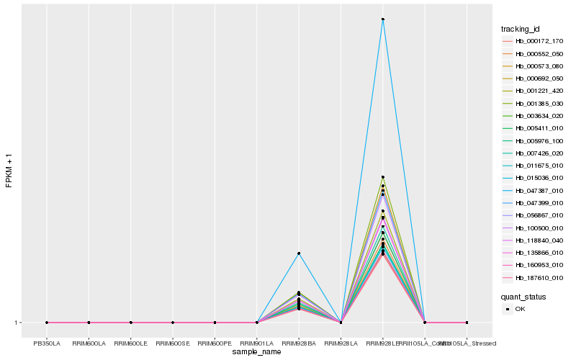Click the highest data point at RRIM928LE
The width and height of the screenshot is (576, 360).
(x=383, y=19)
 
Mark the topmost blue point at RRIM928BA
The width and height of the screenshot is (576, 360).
(x=299, y=253)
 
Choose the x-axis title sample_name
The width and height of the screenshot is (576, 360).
(x=257, y=352)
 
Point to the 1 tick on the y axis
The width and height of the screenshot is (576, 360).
(x=17, y=323)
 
